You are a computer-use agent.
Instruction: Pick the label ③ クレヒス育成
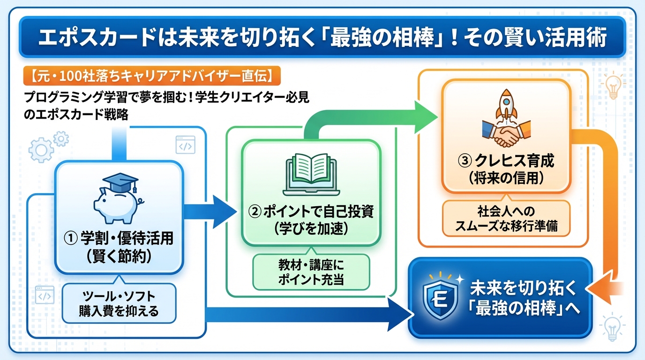(506, 161)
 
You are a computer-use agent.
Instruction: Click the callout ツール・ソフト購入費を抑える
(119, 303)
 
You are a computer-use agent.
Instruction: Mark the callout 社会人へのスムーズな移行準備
(507, 218)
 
